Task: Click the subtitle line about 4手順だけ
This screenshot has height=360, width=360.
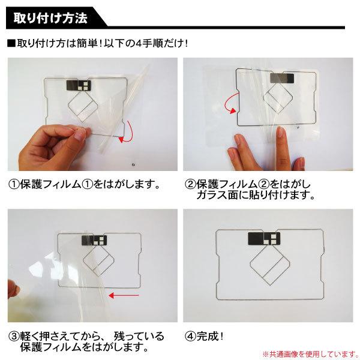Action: pos(98,44)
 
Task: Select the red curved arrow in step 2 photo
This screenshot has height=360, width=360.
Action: pos(229,106)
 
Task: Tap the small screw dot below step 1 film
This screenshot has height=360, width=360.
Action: pos(133,164)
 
